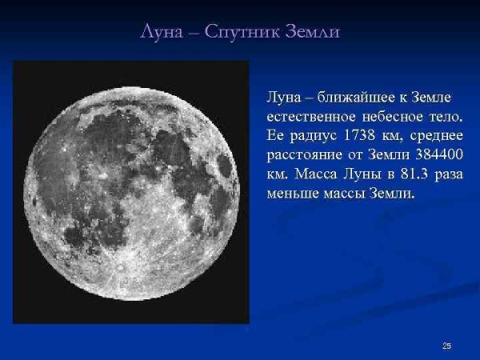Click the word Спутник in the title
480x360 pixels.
coord(239,33)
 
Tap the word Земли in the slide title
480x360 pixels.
coord(314,33)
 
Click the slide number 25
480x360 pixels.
coord(446,346)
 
